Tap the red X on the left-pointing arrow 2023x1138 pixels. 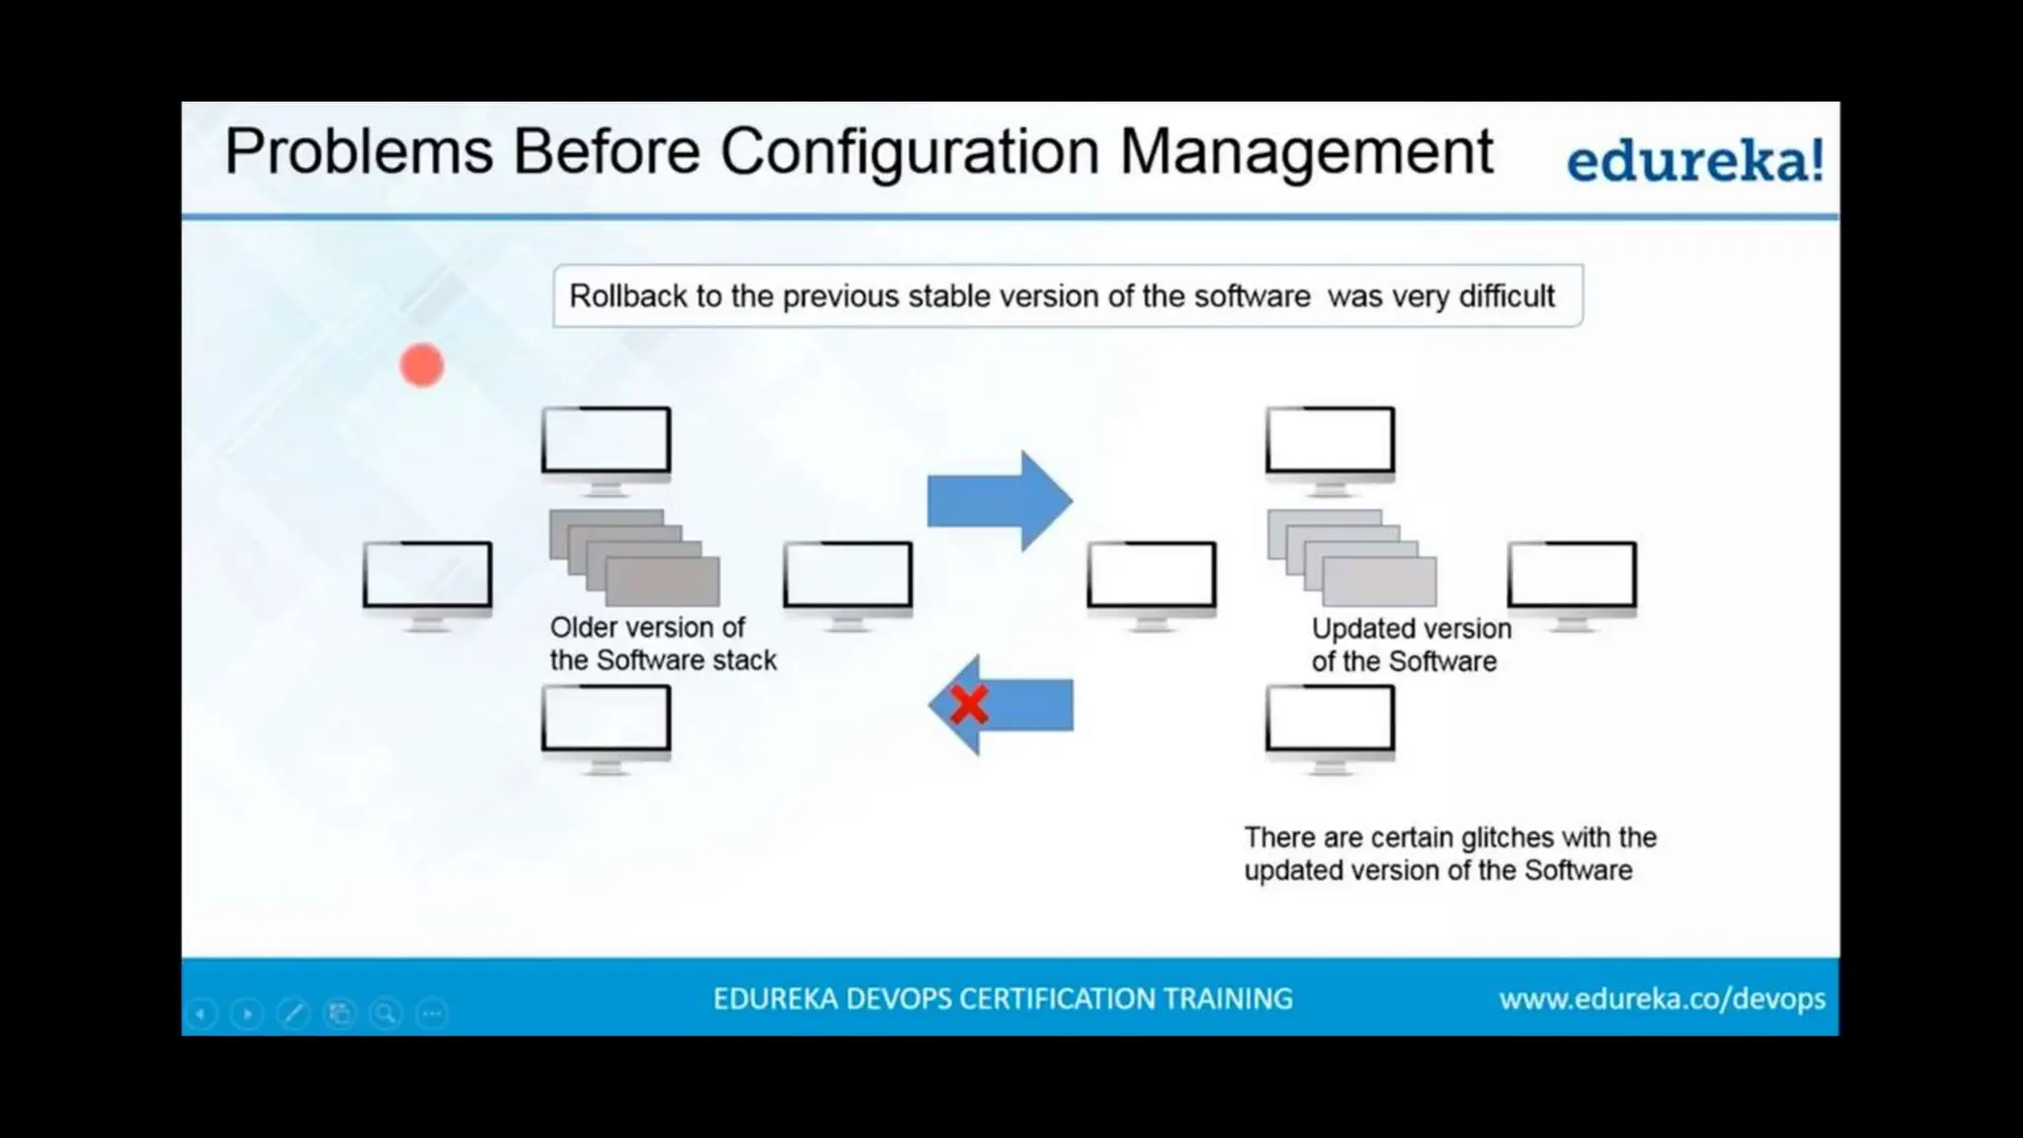969,705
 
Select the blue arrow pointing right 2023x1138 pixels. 999,501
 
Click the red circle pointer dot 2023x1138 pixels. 422,366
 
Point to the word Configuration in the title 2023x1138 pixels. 909,152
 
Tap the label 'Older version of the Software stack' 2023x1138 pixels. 662,643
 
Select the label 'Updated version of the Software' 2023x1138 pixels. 1411,644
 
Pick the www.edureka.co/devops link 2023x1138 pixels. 1661,999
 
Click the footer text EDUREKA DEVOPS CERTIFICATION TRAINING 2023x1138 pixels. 1003,999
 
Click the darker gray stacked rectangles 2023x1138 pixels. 634,558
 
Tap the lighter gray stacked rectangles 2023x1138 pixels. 1352,558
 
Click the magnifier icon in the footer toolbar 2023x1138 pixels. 385,1014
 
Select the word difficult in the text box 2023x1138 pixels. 1506,296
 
